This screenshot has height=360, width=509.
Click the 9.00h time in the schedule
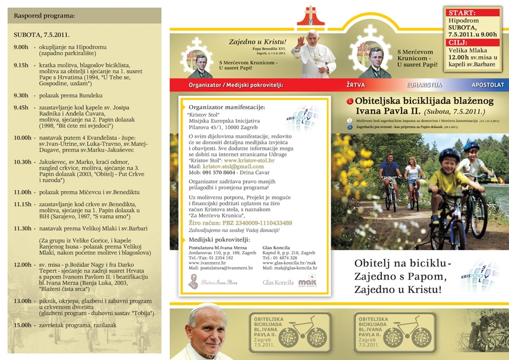(x=21, y=47)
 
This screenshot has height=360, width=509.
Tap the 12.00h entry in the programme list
(x=22, y=265)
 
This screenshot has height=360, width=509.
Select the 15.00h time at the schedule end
(x=22, y=325)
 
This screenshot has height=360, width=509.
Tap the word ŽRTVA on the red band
(x=355, y=85)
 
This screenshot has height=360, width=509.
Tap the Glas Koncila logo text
(x=277, y=282)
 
